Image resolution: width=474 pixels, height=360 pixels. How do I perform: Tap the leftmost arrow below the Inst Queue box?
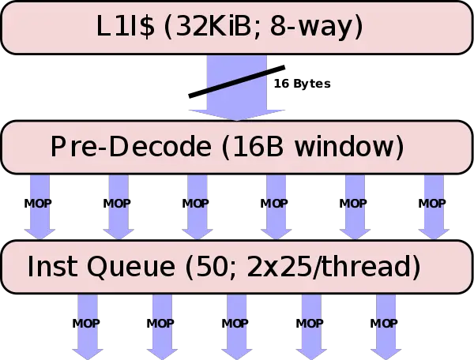coord(88,324)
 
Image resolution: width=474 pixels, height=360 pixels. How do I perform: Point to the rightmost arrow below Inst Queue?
coord(386,324)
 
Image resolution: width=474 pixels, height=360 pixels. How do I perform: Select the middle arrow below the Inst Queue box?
coord(236,324)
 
